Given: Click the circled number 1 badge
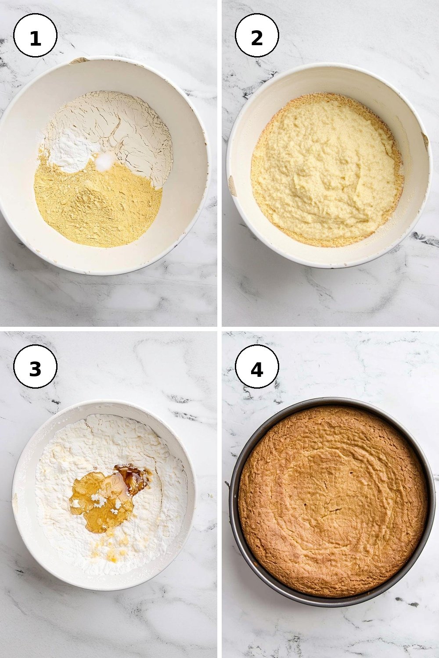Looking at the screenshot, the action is [35, 35].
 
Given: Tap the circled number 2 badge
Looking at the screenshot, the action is [257, 35].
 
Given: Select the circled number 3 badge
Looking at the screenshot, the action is [35, 367].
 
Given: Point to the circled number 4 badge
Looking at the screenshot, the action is [257, 367].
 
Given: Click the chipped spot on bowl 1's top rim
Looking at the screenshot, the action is [78, 60].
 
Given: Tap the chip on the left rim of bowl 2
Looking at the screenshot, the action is [232, 186].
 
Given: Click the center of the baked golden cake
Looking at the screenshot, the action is [332, 502].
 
